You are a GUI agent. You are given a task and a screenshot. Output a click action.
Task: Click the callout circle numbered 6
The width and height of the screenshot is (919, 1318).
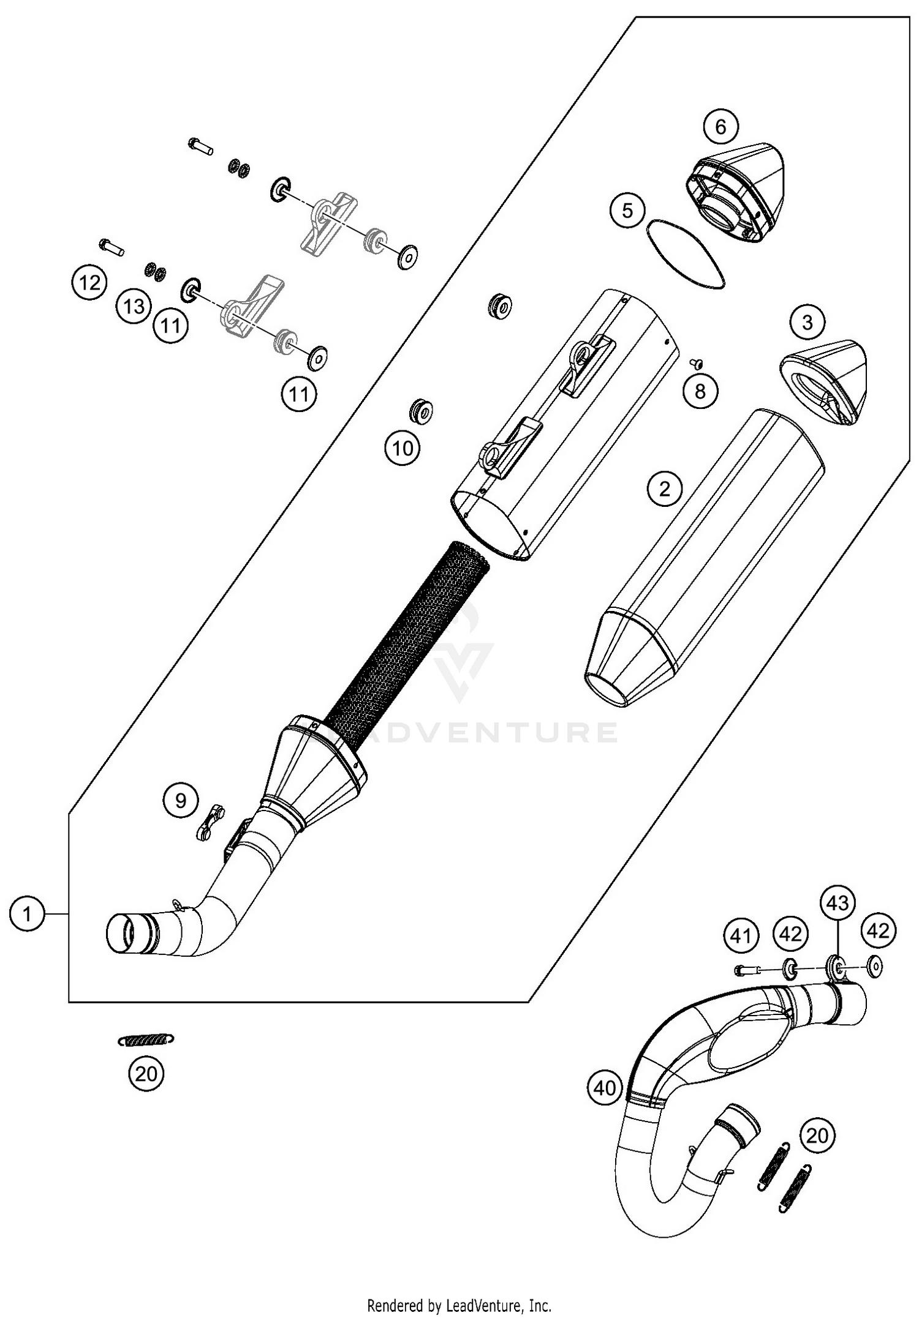coord(720,127)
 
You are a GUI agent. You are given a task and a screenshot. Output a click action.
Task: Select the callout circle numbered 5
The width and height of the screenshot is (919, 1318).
coord(627,211)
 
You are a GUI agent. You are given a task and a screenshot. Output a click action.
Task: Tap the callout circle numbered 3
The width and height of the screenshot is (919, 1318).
coord(807,322)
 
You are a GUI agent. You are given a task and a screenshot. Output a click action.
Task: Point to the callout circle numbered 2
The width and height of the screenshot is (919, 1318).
coord(665,489)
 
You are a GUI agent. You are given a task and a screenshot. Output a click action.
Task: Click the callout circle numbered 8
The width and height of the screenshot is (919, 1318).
coord(700,391)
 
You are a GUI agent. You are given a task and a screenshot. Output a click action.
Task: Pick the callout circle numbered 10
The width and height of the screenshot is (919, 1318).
coord(403,449)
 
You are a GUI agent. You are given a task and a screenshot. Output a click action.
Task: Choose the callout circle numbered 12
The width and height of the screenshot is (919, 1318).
coord(89,283)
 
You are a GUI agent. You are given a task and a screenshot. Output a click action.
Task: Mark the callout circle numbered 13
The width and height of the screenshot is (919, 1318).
coord(134,305)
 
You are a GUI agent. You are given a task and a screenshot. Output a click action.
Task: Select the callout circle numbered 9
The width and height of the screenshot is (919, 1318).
coord(181,801)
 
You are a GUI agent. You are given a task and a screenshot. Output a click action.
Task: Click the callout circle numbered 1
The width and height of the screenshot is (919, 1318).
coord(28,915)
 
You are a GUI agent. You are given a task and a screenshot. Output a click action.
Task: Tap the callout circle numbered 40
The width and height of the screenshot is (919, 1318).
coord(605,1088)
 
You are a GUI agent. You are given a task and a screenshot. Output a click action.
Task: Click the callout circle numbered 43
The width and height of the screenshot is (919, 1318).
coord(838,903)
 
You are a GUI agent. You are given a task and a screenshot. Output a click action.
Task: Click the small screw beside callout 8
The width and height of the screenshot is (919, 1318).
coord(695,364)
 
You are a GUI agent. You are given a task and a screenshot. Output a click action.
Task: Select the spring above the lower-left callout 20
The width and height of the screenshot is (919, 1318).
coord(146,1039)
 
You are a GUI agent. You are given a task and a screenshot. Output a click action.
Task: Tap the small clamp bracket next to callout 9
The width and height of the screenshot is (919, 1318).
coord(210,822)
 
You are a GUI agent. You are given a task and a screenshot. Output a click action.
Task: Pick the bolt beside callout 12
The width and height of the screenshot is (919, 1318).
coord(112,248)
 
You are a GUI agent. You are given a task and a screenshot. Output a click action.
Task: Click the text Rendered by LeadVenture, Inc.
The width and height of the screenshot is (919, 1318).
coord(459,1305)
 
